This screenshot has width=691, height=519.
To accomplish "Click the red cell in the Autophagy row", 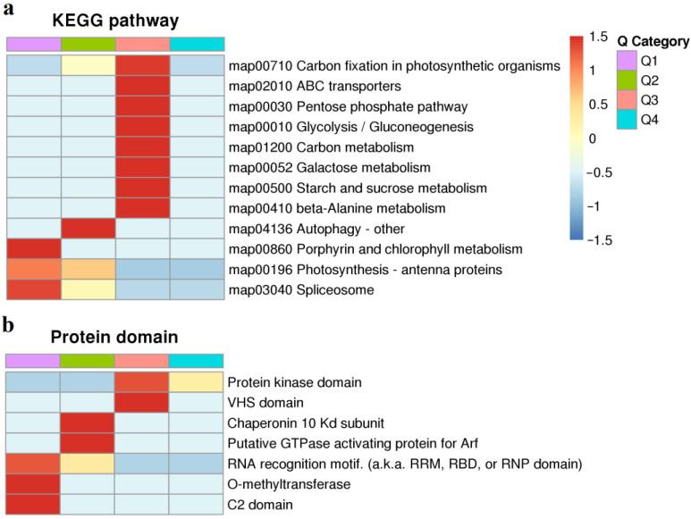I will pos(88,229).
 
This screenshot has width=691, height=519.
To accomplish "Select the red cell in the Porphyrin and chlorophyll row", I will pos(34,249).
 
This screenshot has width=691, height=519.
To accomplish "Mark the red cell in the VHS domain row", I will pos(143,403).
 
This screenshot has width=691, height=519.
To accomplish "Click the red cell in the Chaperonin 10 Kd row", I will pos(88,423).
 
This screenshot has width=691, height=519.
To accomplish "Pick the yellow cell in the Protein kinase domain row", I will pos(198,382).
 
